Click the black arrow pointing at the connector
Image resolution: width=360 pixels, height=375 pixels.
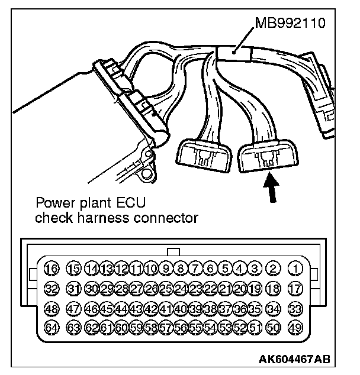(x=272, y=187)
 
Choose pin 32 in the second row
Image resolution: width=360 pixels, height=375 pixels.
(x=51, y=289)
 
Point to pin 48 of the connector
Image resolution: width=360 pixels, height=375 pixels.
(x=51, y=308)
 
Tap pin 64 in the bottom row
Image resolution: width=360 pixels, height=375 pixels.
(x=51, y=328)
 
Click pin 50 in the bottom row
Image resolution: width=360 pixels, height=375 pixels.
(x=274, y=328)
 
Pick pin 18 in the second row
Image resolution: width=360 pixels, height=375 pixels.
(x=274, y=289)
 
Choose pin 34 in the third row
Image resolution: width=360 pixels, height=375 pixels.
(x=274, y=308)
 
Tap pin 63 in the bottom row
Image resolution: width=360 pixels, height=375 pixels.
(x=73, y=328)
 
